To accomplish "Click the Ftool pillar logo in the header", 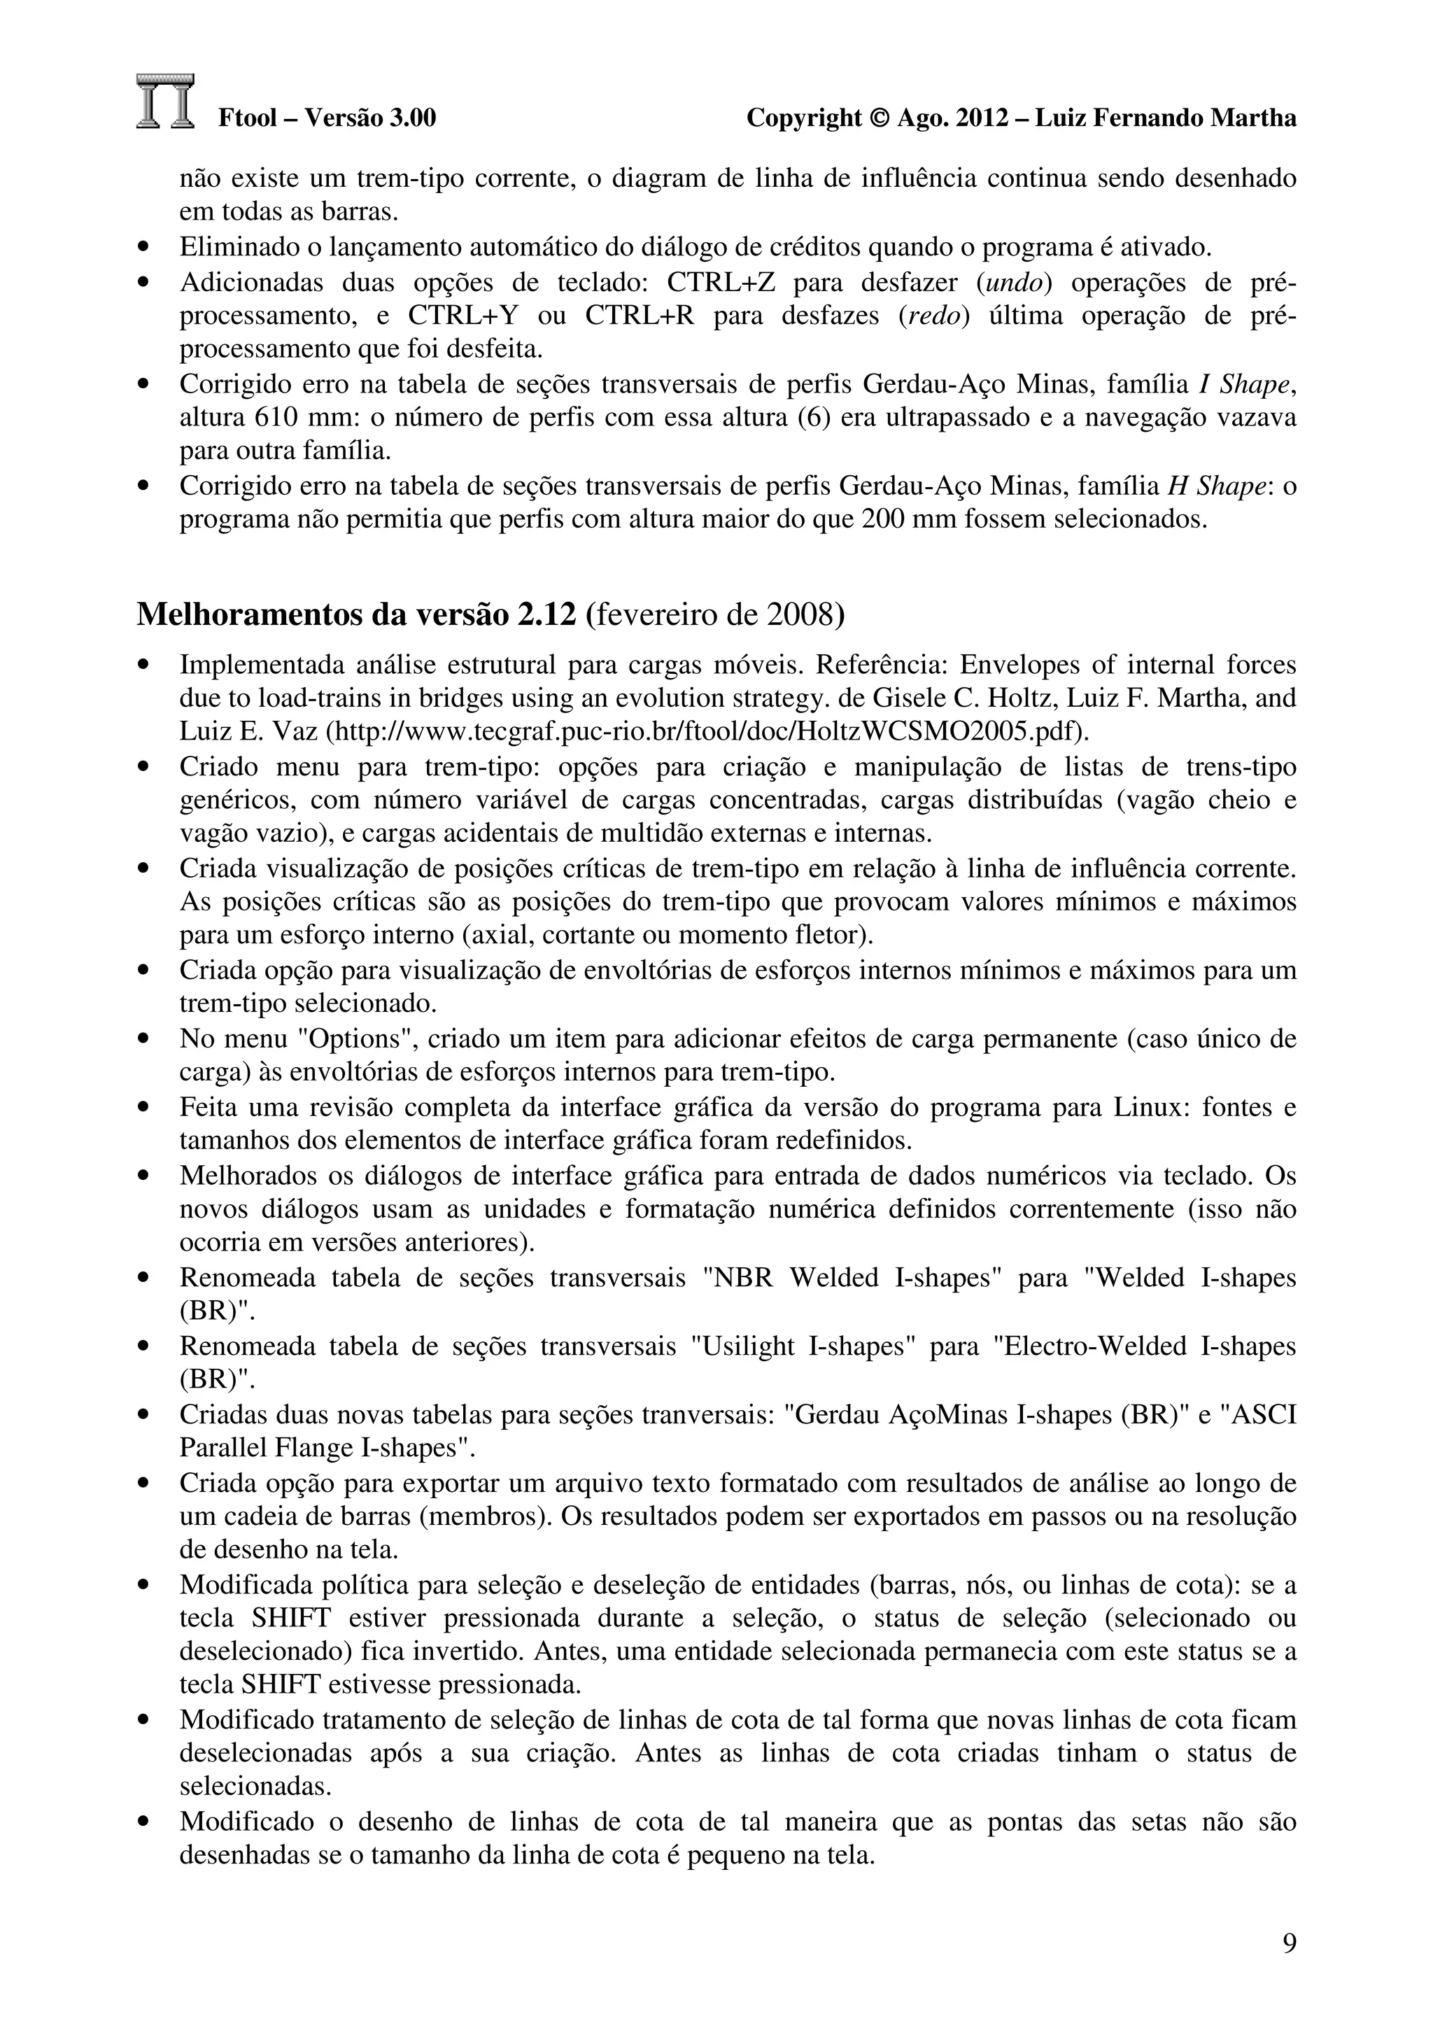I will tap(165, 101).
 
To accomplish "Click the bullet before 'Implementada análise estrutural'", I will tap(145, 665).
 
